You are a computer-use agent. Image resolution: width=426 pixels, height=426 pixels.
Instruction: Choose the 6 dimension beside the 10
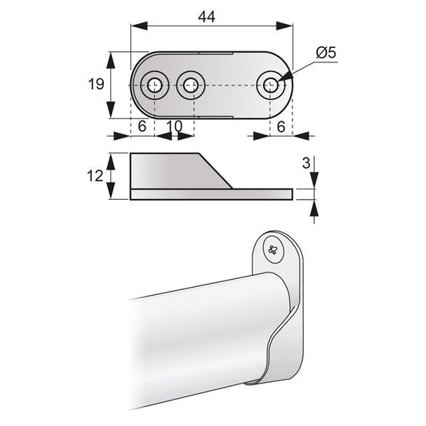[x=142, y=127]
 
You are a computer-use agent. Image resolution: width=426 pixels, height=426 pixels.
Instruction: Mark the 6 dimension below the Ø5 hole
[x=282, y=127]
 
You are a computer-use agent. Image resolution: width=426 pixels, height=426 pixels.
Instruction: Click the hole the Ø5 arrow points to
[x=272, y=84]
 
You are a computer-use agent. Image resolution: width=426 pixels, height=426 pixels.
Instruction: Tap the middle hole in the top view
[x=190, y=84]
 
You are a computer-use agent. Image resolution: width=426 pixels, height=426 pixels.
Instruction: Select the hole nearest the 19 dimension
[x=154, y=84]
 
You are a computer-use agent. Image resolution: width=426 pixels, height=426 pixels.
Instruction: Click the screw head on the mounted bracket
[x=274, y=251]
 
